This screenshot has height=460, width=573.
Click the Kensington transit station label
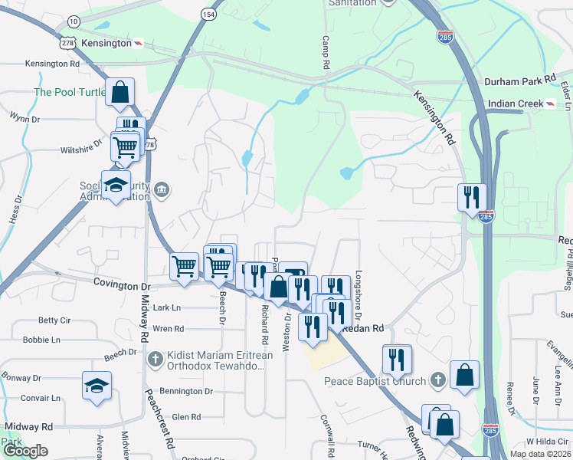106,43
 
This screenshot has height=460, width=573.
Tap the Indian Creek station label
514,103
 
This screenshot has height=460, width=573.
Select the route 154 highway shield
208,14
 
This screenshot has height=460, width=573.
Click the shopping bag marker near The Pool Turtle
120,92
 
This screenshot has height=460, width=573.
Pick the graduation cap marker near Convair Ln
97,385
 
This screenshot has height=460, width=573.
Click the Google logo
25,451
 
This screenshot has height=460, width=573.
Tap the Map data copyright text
540,454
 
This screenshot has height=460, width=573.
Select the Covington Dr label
123,283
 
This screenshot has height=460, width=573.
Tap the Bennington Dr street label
187,391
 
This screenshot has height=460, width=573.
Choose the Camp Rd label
325,53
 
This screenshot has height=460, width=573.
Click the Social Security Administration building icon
162,189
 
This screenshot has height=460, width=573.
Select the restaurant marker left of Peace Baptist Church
396,358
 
